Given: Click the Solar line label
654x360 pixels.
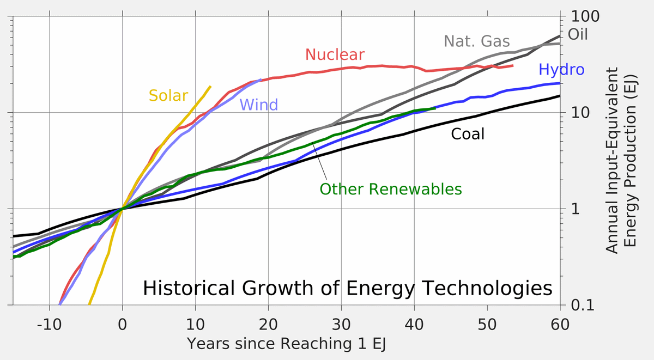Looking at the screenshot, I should point(168,96).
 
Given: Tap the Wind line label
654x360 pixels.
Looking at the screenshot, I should point(258,105).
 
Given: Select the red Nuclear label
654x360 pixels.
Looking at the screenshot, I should point(334,54).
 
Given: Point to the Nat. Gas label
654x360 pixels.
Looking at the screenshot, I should point(476,41).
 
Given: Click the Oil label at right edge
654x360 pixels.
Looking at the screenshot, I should point(578,35).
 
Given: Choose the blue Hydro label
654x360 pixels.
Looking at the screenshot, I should point(561,70).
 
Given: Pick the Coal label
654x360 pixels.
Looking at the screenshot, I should point(467,134).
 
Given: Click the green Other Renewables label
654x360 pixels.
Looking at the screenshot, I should point(390,190).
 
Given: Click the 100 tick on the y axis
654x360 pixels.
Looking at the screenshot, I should point(585,16).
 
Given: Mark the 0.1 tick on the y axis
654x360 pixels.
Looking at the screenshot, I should point(583,305).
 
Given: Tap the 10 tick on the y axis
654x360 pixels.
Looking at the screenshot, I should point(581,113).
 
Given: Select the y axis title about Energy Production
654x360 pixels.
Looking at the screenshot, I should point(621,160).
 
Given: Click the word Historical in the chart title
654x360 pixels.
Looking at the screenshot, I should point(191,288).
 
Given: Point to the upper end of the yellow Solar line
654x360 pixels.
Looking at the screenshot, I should point(210,87).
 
